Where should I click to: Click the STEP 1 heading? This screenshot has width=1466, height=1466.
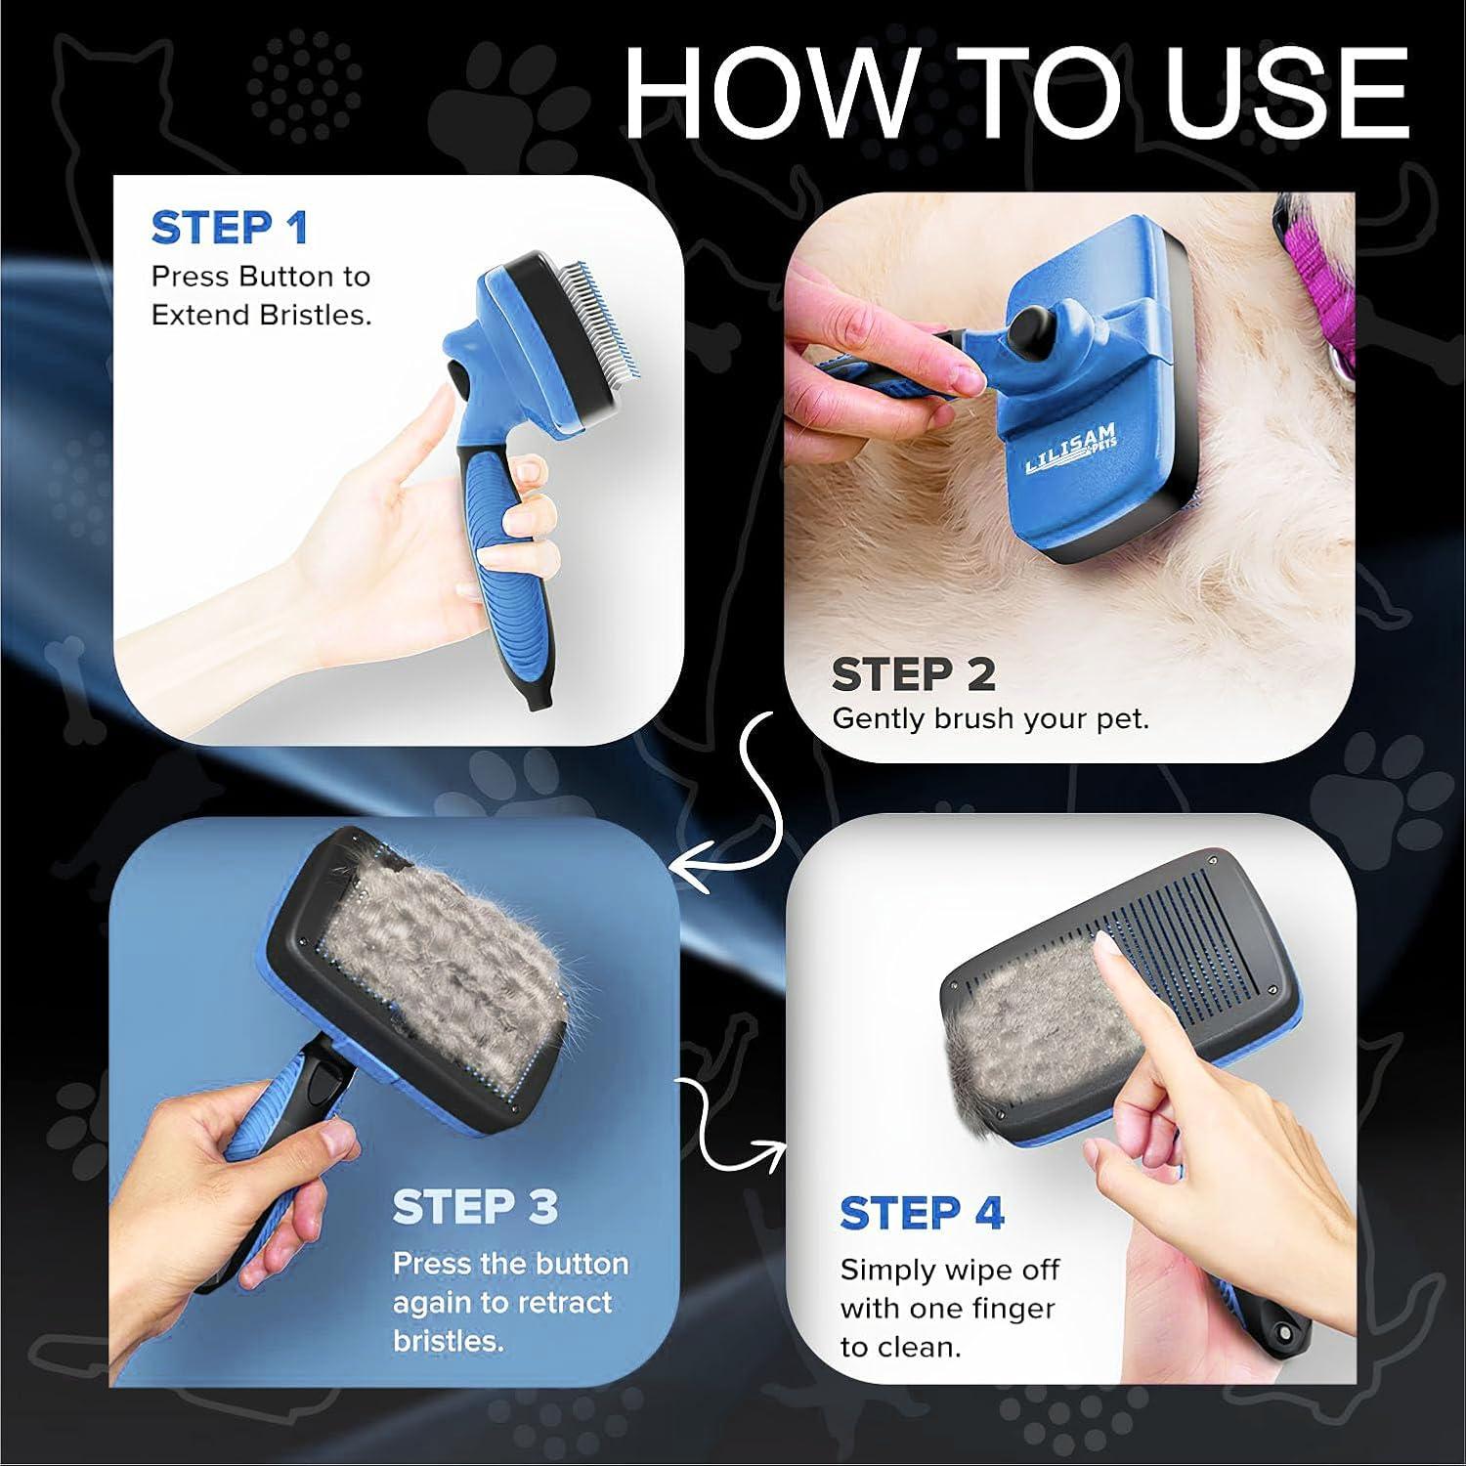click(230, 229)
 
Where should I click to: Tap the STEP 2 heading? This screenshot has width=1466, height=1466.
click(913, 674)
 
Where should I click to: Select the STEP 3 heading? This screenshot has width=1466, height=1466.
click(475, 1208)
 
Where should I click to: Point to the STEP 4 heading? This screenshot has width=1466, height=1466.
click(922, 1214)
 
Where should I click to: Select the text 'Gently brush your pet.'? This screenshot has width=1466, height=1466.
click(990, 719)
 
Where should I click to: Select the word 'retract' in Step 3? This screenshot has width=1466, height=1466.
click(565, 1303)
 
